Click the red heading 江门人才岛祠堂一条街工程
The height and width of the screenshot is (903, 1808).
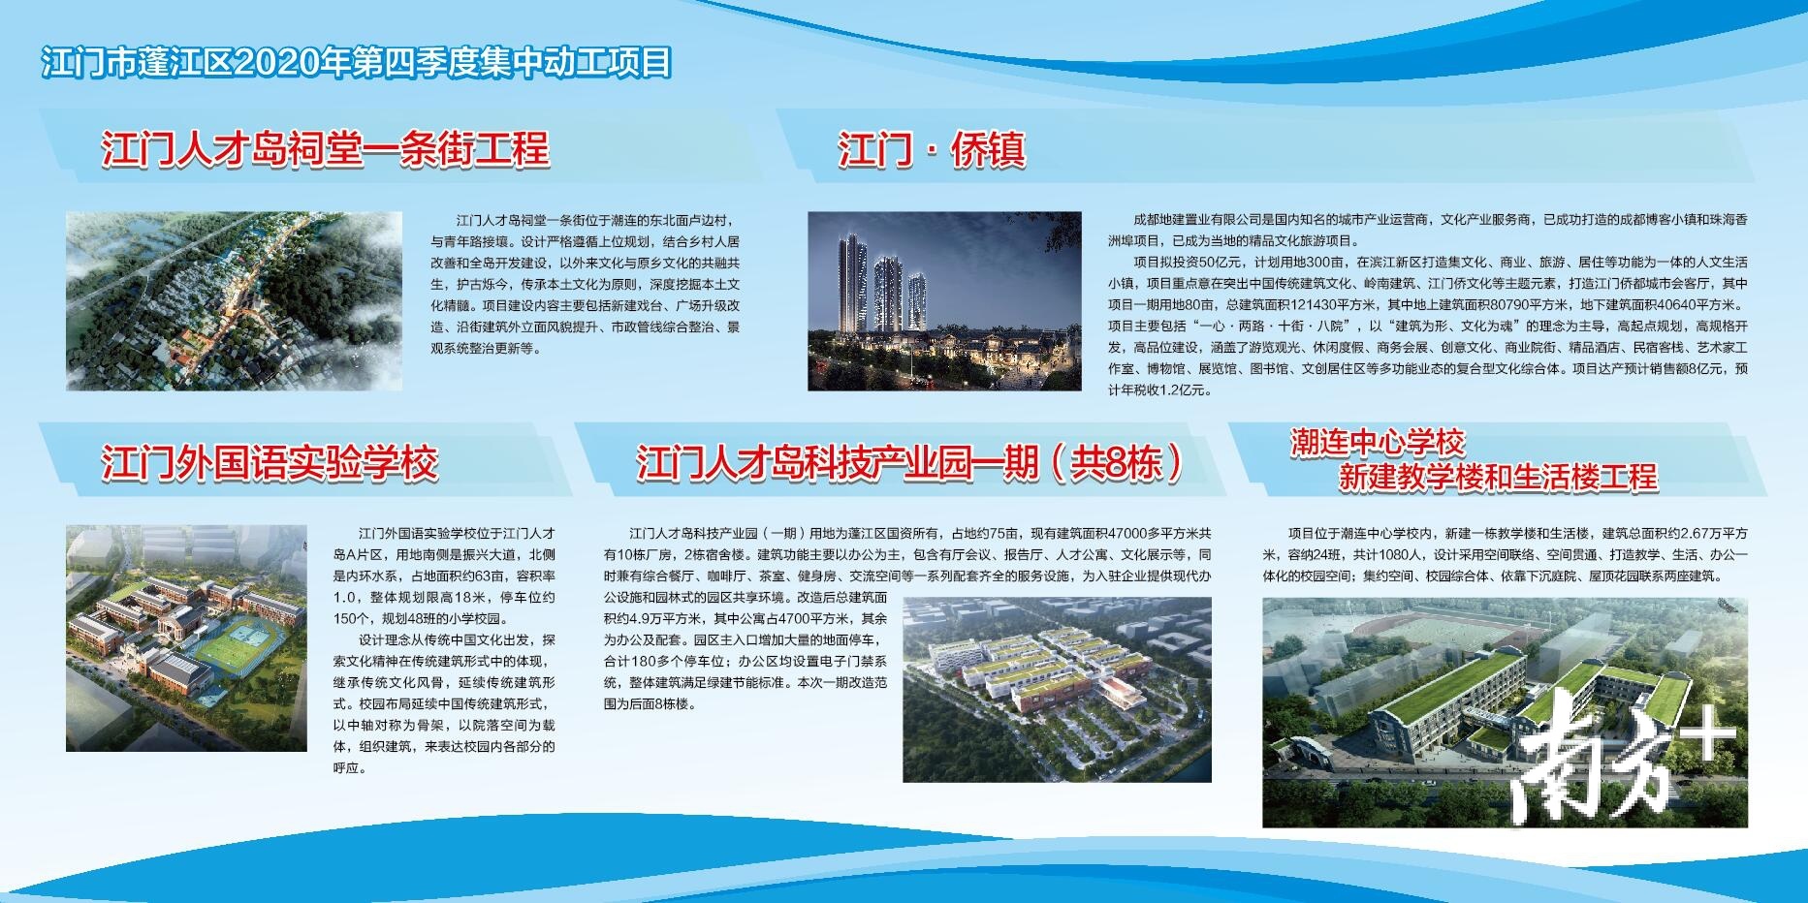click(x=326, y=150)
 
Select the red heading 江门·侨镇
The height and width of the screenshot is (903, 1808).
click(x=932, y=150)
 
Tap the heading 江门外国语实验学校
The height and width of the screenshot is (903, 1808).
click(x=270, y=463)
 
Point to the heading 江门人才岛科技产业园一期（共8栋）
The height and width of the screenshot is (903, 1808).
click(x=909, y=463)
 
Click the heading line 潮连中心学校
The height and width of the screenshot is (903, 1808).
click(x=1377, y=444)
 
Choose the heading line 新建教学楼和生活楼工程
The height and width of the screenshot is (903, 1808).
click(x=1498, y=477)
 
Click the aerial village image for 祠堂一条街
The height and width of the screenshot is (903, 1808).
click(x=234, y=301)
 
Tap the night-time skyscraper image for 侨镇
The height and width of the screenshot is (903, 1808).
click(x=944, y=301)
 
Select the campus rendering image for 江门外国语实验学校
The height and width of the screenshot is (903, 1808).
click(x=186, y=638)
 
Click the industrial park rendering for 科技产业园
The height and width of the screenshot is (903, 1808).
click(x=1057, y=689)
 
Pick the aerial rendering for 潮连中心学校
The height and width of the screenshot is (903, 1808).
click(x=1505, y=712)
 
